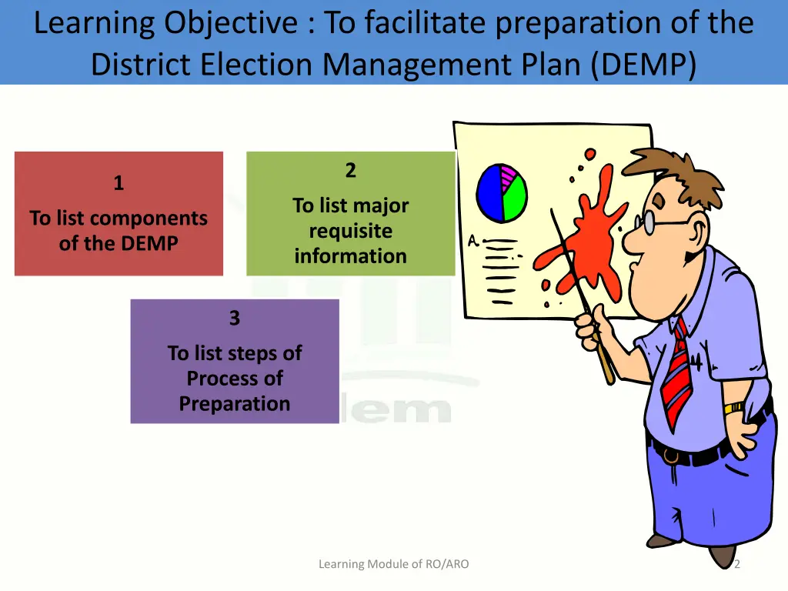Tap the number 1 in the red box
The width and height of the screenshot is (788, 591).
click(x=119, y=183)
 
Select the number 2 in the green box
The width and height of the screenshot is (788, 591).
click(x=350, y=171)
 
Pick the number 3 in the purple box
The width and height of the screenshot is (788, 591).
click(x=235, y=318)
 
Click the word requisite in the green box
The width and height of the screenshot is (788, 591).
click(x=350, y=231)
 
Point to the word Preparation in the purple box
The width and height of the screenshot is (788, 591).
click(x=235, y=404)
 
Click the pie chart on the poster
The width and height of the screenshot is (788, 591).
click(x=502, y=192)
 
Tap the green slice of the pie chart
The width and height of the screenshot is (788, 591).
click(x=514, y=197)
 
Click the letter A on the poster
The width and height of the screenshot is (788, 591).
click(x=473, y=242)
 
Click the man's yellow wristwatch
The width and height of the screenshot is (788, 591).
click(x=733, y=407)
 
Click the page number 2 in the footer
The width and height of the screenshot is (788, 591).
click(x=736, y=564)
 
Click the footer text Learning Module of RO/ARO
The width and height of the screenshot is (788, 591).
click(x=393, y=564)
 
